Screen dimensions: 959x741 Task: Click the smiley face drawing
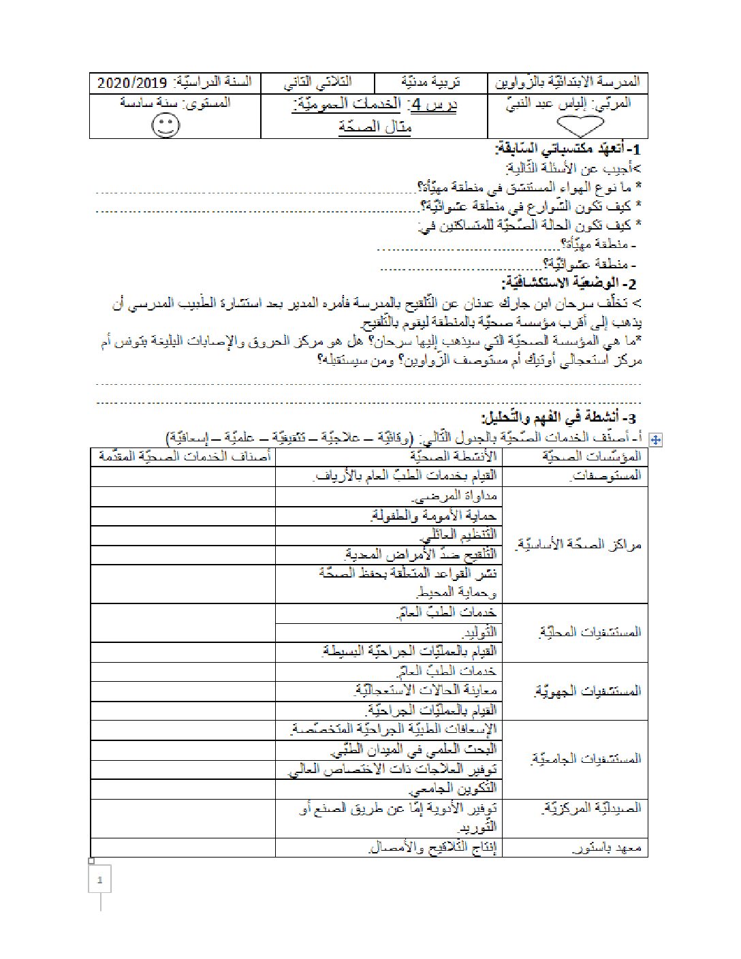[165, 125]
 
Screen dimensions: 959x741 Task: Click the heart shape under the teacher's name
[580, 126]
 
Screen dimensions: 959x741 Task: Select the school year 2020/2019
[132, 83]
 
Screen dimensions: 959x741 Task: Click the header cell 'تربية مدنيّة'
[430, 83]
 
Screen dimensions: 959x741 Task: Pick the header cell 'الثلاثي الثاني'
[318, 83]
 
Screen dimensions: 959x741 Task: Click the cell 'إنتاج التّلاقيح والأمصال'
[433, 848]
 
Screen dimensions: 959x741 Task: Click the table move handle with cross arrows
[656, 440]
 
